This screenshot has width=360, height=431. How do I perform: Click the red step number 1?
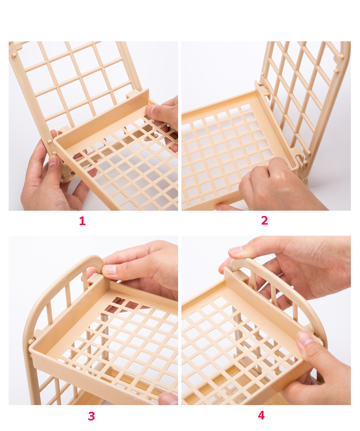(x=82, y=221)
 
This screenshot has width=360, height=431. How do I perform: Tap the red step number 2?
(x=264, y=220)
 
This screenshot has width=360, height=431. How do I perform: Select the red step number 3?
(x=92, y=416)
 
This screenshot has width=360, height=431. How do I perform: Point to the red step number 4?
(x=261, y=415)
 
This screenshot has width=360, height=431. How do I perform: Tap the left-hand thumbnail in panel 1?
(x=53, y=160)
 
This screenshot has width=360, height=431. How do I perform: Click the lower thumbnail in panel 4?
(x=305, y=338)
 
